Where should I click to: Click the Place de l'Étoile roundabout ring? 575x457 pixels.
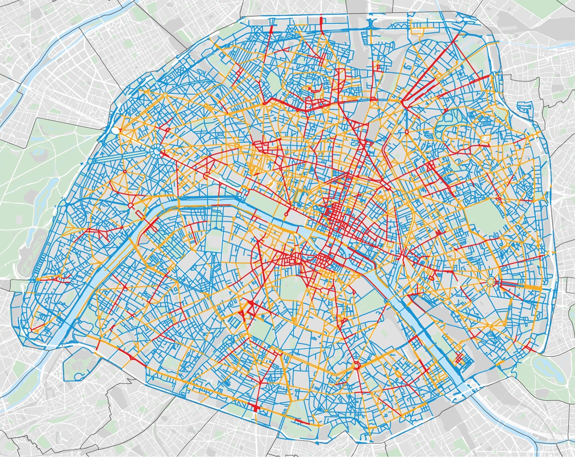click(157, 151)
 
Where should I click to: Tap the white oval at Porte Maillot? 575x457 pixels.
click(115, 130)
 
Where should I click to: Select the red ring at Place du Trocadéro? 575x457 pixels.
click(130, 206)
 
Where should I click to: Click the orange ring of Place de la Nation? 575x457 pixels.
click(491, 282)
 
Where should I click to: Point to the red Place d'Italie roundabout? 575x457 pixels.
click(356, 366)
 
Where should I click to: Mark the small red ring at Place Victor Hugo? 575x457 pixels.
click(125, 171)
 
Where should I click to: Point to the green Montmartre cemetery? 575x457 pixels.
click(274, 80)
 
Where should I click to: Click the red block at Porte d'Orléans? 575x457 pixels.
click(254, 408)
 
